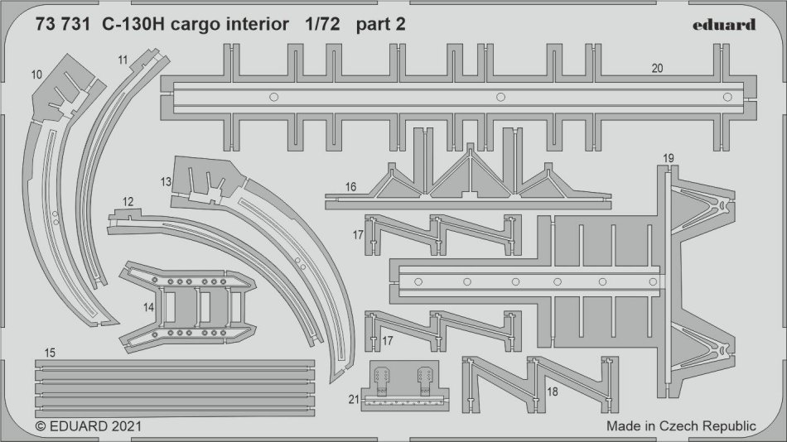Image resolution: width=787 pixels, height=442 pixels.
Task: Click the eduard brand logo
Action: coord(725,24)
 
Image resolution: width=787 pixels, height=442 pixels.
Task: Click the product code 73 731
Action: coord(63,24)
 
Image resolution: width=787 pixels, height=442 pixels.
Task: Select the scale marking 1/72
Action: coord(320,24)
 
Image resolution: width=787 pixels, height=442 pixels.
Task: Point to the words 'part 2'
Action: coord(381,24)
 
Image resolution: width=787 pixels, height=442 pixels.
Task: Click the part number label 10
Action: coord(36,74)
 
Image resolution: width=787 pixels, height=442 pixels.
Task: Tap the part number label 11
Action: coord(123,60)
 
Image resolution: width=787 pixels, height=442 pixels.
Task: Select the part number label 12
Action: coord(127,202)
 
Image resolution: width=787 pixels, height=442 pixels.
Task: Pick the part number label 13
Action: coord(166,181)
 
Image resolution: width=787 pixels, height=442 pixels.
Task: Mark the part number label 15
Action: coord(50,353)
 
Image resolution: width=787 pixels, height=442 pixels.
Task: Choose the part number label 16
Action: coord(351,188)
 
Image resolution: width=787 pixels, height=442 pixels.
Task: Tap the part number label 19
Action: coord(669,157)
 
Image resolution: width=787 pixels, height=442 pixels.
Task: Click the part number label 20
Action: coord(657,70)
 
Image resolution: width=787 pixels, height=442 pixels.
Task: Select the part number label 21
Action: coord(353,400)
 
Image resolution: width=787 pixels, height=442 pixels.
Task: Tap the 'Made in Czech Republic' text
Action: coord(681,426)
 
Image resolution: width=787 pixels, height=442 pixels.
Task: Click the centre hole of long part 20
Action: coord(500,98)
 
